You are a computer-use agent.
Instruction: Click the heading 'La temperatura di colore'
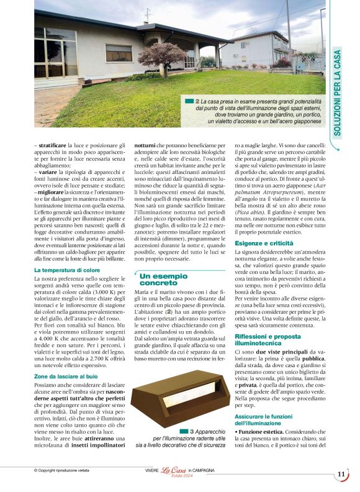click(x=66, y=271)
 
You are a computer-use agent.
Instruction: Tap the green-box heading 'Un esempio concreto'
click(x=163, y=280)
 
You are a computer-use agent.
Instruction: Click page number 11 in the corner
click(x=341, y=474)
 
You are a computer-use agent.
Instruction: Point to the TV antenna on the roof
click(x=147, y=14)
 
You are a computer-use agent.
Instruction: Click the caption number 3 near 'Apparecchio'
click(x=192, y=430)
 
